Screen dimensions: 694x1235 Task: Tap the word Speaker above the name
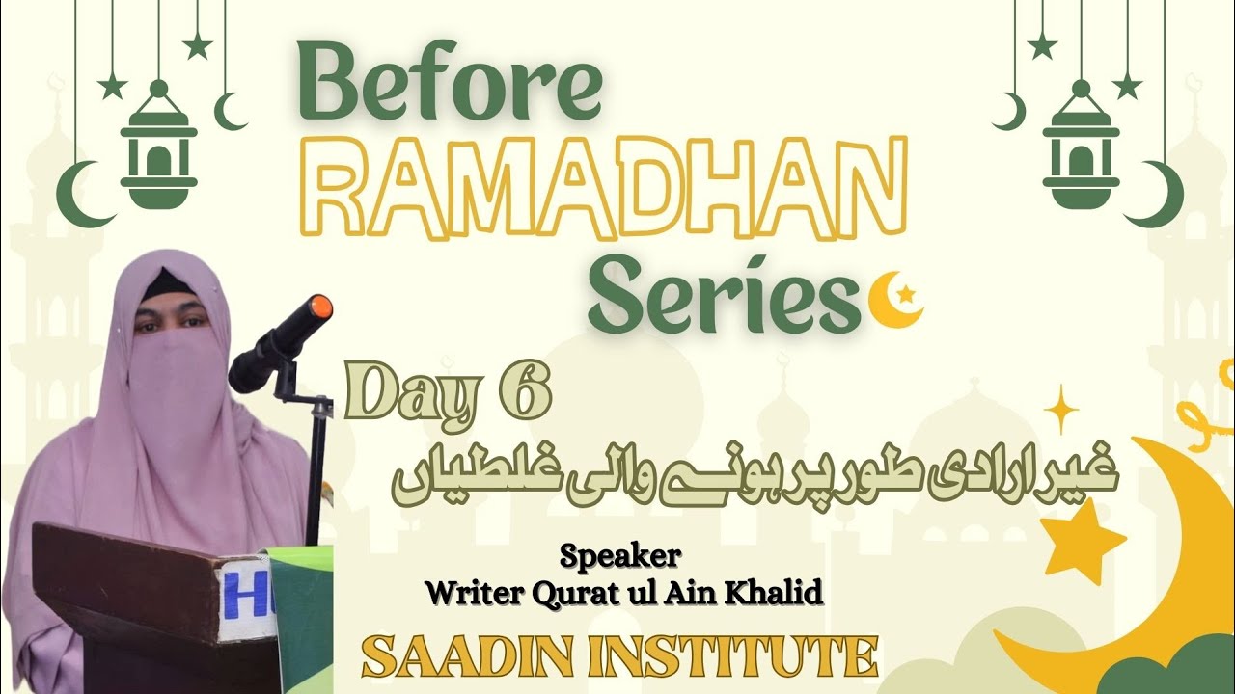click(x=622, y=557)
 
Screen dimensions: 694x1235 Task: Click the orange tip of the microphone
click(x=321, y=309)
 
